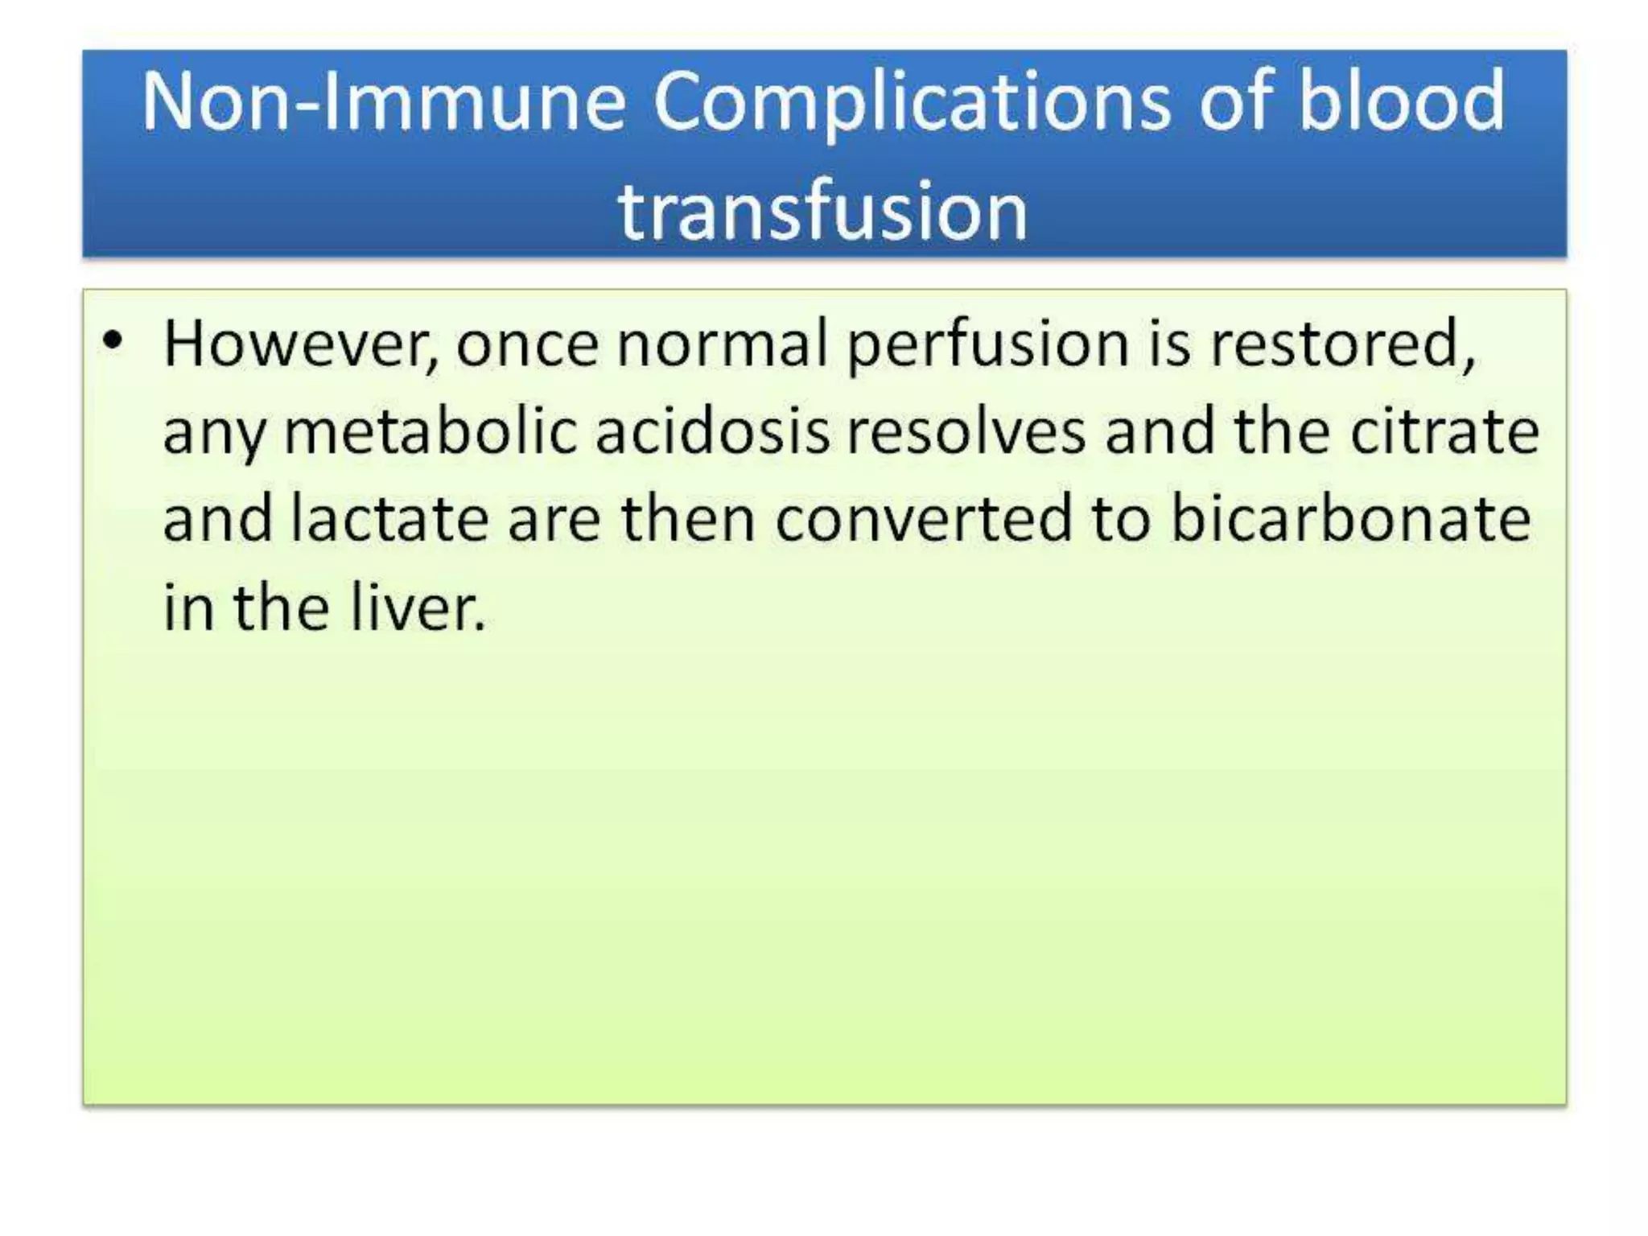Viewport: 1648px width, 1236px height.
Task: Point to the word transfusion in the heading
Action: point(822,211)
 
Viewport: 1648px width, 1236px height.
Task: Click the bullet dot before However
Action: point(113,340)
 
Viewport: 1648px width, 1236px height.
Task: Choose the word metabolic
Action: point(431,432)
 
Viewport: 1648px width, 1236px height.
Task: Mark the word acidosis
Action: point(712,432)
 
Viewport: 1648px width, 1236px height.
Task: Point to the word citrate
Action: point(1444,432)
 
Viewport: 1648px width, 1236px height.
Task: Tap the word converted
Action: point(924,519)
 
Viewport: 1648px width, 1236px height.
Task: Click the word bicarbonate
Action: point(1350,519)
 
